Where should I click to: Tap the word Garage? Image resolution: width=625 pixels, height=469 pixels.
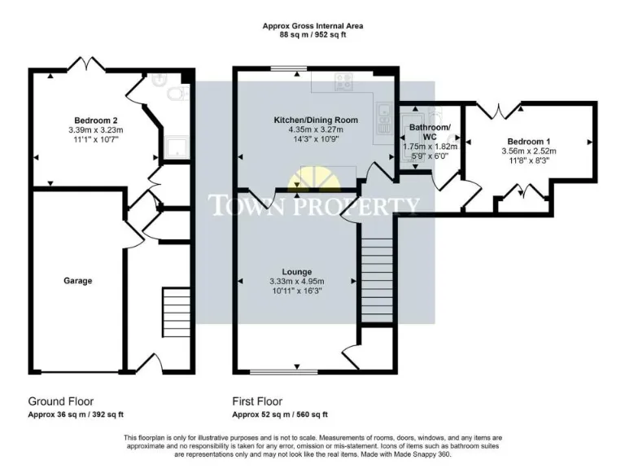coord(78,281)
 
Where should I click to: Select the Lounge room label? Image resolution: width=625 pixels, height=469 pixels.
coord(297,271)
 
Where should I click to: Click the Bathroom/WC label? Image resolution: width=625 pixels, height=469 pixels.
coord(430,132)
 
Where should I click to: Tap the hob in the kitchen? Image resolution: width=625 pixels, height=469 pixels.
coord(343,81)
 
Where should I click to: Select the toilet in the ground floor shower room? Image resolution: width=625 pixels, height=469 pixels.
coord(175,96)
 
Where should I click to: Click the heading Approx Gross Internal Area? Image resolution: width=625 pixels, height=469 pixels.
coord(312,26)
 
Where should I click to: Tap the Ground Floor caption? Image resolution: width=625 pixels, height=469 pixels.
coord(61,401)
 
